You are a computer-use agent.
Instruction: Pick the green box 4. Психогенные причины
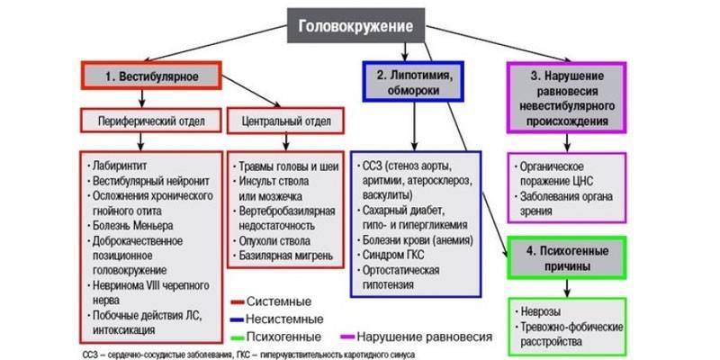[x=569, y=258]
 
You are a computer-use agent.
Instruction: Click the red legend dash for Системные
[x=238, y=301]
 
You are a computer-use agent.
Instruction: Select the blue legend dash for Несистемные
[x=238, y=319]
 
